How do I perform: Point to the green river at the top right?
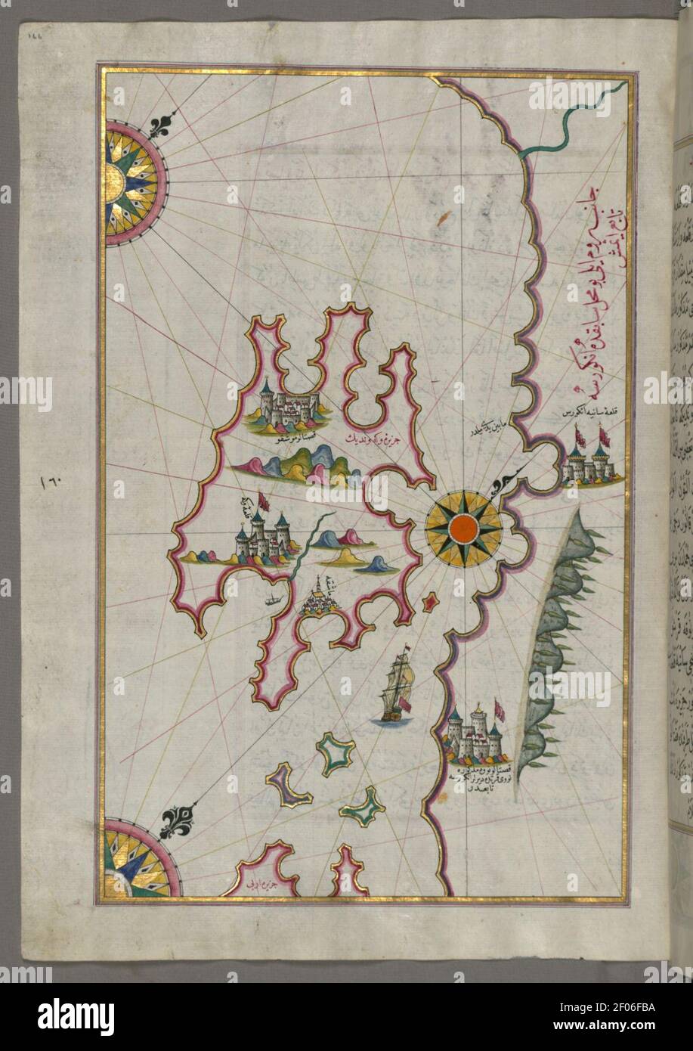pos(574,125)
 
